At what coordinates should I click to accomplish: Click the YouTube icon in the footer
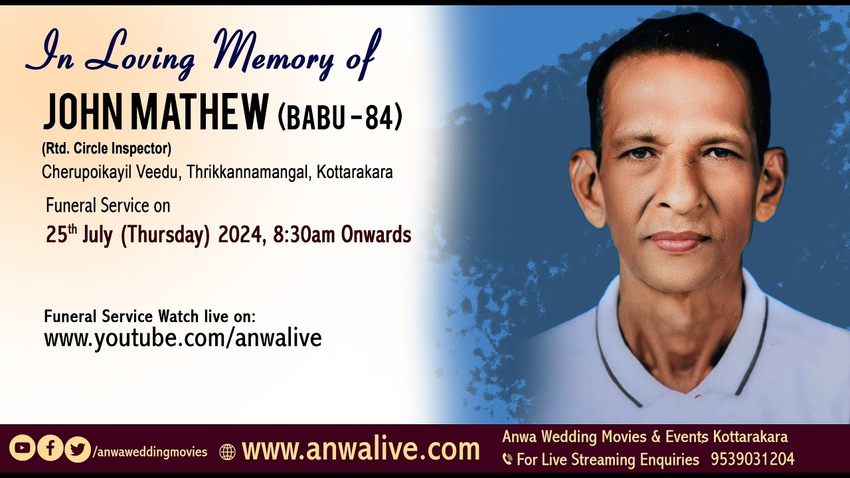[x=22, y=448]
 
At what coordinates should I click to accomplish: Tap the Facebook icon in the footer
[x=50, y=448]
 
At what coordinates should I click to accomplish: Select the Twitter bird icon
[x=78, y=449]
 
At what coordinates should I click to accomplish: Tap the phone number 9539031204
[x=752, y=459]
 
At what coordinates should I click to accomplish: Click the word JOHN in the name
[x=80, y=113]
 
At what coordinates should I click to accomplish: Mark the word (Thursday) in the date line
[x=165, y=235]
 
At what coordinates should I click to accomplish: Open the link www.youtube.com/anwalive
[x=183, y=338]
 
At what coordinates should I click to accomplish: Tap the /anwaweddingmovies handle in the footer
[x=150, y=452]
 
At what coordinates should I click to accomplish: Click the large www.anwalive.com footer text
[x=361, y=449]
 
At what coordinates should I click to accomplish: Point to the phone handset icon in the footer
[x=507, y=459]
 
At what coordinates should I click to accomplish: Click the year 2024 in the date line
[x=240, y=235]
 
